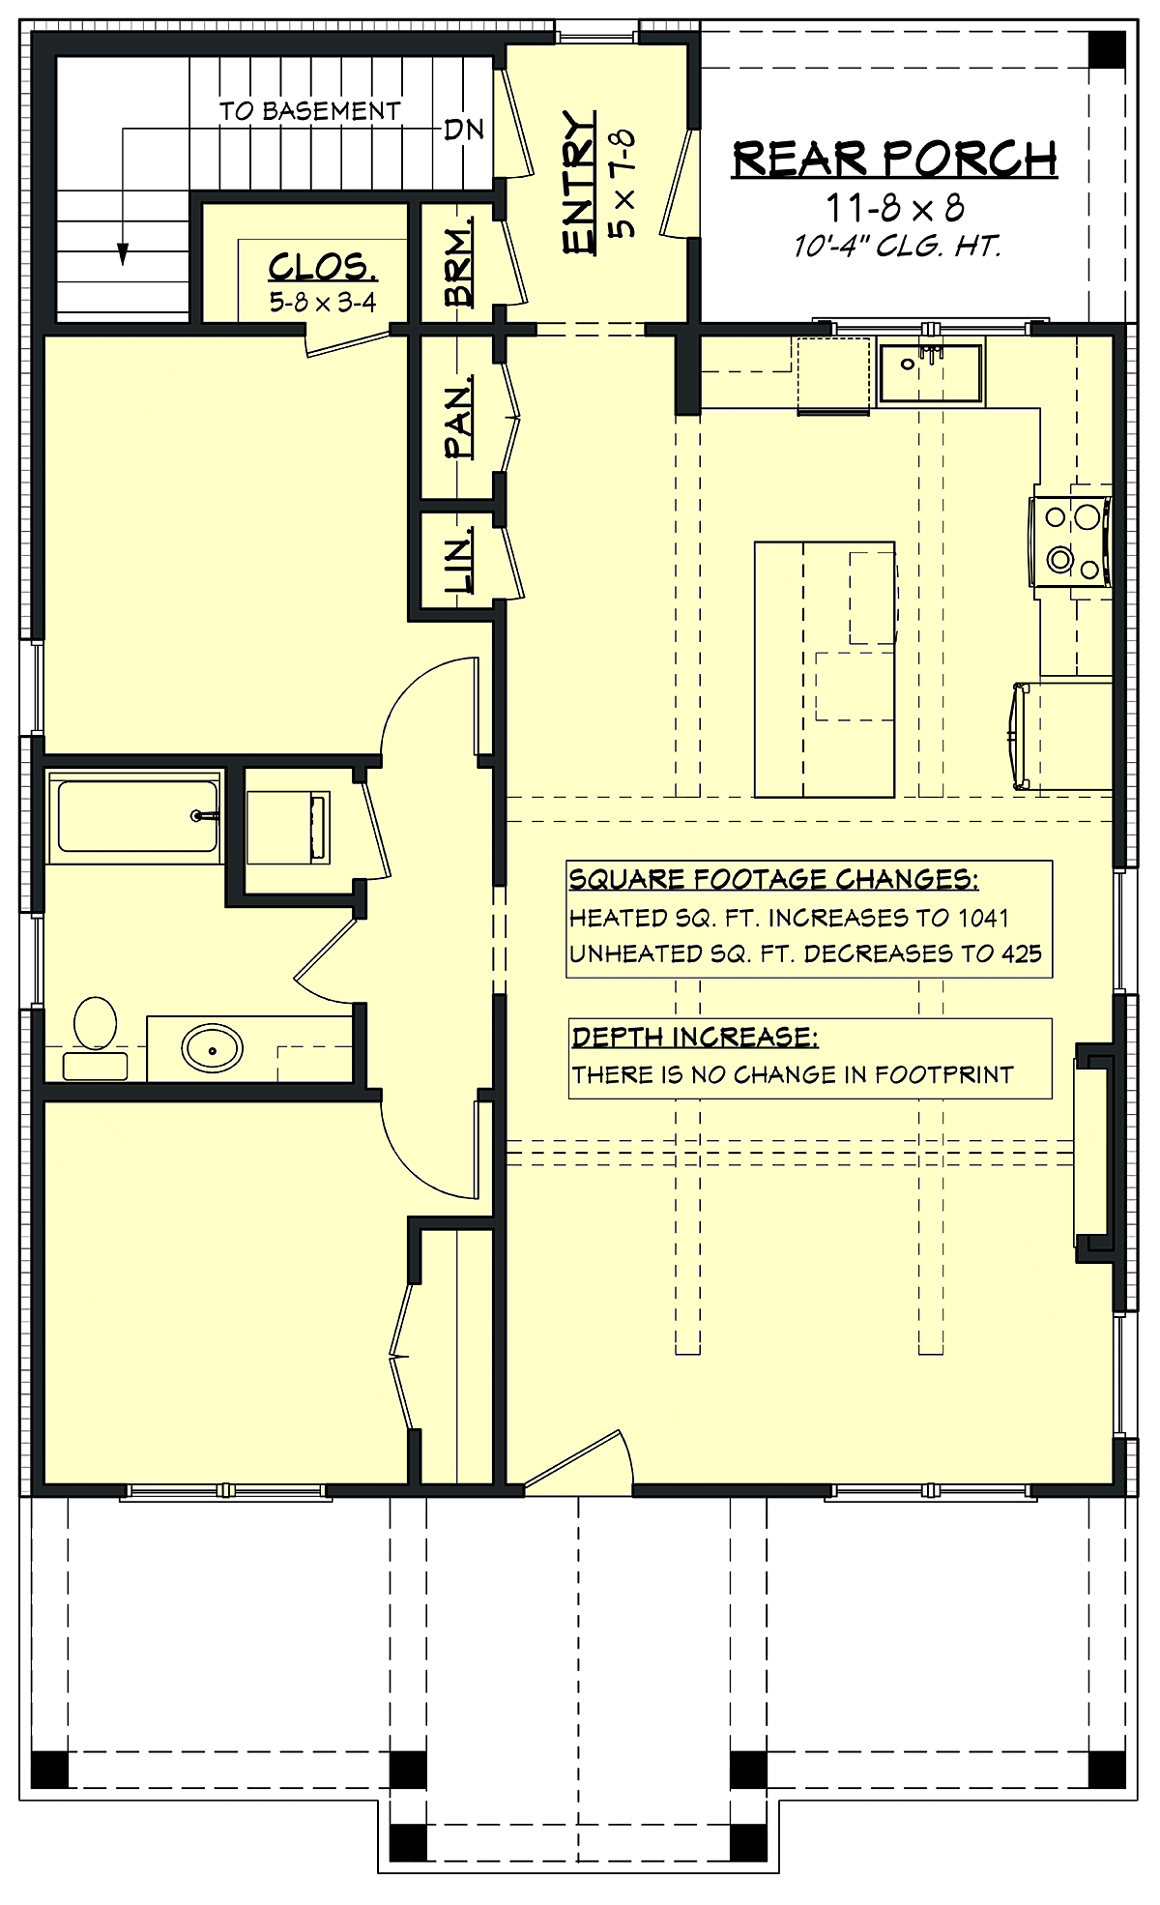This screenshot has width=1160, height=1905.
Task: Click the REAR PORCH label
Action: [894, 159]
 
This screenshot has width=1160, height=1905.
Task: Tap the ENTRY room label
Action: [578, 184]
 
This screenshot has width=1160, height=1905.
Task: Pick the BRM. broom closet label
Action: [459, 262]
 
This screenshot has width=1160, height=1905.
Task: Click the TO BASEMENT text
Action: [309, 111]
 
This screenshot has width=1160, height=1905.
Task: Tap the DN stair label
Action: [464, 130]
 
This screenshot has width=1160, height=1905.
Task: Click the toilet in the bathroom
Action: [95, 1037]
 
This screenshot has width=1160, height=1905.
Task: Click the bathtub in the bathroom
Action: [135, 817]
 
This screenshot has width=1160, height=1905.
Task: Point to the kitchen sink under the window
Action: [930, 373]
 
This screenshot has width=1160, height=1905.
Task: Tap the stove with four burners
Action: [1071, 542]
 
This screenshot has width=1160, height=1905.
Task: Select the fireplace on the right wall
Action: [1094, 1153]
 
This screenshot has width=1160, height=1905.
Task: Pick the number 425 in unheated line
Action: [1021, 953]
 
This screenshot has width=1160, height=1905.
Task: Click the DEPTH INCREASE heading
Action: [695, 1037]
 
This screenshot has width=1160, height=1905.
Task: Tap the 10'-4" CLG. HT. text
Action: [897, 247]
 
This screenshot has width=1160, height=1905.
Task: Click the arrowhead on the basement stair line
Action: [123, 253]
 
